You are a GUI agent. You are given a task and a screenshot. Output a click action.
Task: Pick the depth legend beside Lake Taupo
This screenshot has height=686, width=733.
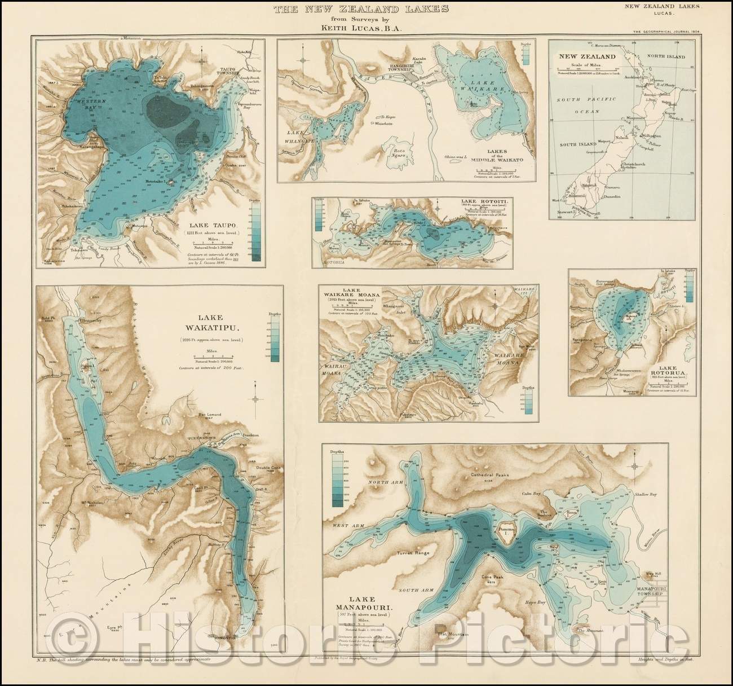(257, 231)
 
